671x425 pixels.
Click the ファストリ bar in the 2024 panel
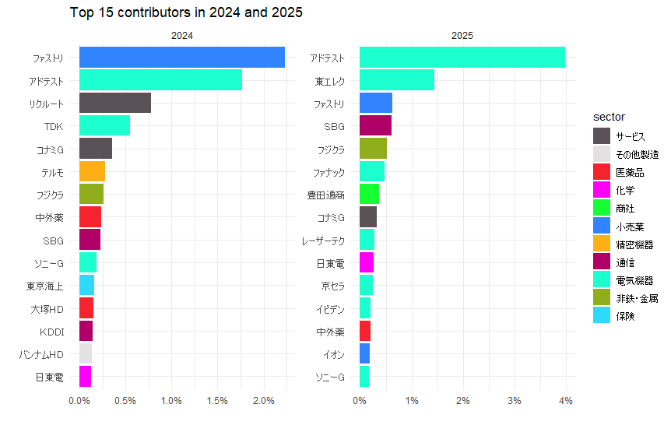[x=181, y=58]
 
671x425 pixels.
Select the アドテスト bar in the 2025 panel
[x=462, y=58]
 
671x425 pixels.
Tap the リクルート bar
[x=114, y=103]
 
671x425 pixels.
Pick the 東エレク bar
[x=396, y=80]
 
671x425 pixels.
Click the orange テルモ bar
[x=92, y=171]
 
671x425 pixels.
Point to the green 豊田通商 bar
[x=369, y=194]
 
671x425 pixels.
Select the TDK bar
[x=104, y=125]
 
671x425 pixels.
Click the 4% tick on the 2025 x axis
[x=566, y=401]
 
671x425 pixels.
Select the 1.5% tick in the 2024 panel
[x=217, y=401]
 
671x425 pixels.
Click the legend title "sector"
[x=609, y=117]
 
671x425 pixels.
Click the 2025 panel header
[x=462, y=36]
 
